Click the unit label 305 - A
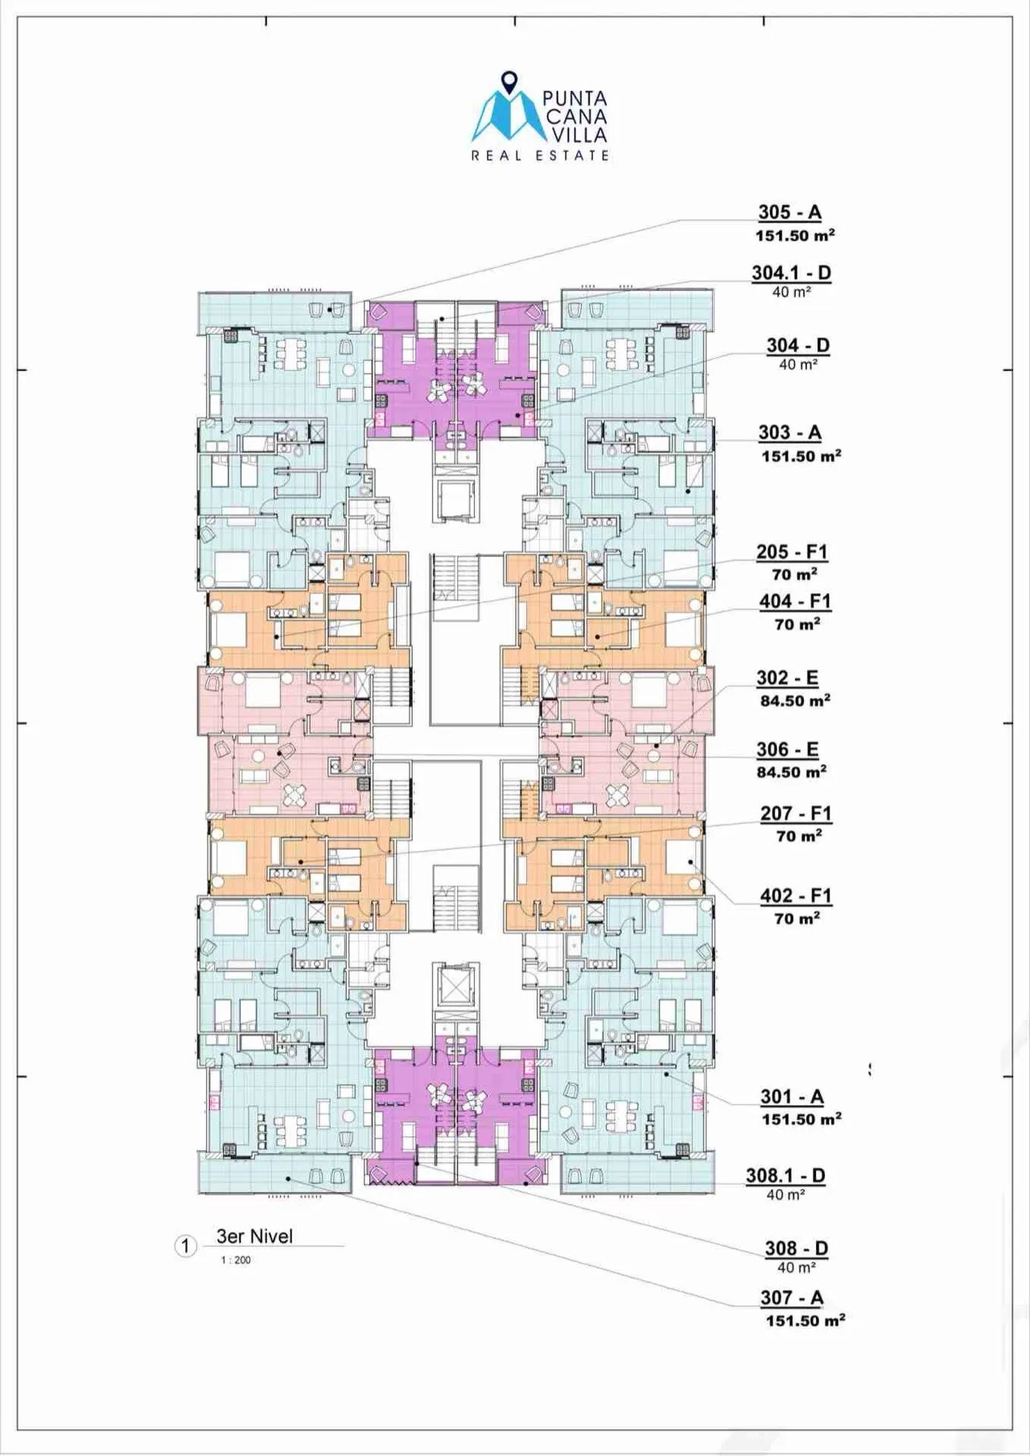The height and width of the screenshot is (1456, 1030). [x=789, y=212]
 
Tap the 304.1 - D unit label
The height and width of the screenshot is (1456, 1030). [x=791, y=273]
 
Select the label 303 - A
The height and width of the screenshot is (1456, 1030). [x=789, y=433]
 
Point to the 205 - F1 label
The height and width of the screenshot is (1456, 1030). [x=792, y=553]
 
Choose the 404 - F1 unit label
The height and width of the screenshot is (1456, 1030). [x=795, y=602]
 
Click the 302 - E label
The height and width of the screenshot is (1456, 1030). [x=787, y=679]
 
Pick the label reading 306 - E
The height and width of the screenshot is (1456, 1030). [x=787, y=750]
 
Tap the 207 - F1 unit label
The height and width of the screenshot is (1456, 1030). [x=796, y=814]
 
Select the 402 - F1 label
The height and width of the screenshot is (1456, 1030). [x=796, y=897]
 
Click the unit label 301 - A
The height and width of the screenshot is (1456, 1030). [x=793, y=1097]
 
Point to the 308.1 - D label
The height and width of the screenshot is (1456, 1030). [x=785, y=1176]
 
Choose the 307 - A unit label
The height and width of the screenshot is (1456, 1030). [x=792, y=1298]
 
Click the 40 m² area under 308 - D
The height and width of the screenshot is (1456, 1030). [x=797, y=1268]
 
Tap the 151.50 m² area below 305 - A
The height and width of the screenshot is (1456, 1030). [x=794, y=236]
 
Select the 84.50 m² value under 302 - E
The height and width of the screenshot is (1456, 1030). [x=795, y=701]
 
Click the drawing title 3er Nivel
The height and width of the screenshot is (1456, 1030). [x=254, y=1236]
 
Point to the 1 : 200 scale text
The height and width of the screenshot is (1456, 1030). [x=236, y=1260]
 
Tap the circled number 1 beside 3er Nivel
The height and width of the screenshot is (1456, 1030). [x=186, y=1247]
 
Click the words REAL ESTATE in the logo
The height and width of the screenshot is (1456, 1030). [x=540, y=155]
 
